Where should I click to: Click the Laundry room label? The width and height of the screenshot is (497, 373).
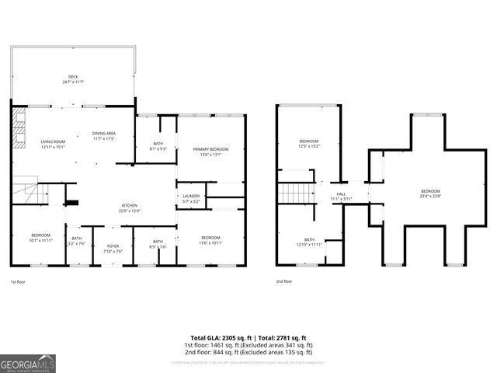(192, 198)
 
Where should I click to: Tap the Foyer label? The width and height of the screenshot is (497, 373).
(114, 248)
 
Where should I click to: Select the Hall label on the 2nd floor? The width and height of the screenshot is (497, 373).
(340, 196)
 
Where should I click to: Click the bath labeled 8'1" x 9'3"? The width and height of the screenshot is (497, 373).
(158, 145)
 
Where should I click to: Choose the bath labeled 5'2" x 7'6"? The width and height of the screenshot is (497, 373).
(76, 241)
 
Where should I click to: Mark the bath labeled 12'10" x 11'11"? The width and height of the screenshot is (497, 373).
(309, 242)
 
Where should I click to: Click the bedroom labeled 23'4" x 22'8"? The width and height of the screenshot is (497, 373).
(430, 193)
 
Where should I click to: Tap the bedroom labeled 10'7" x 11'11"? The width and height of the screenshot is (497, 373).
(40, 237)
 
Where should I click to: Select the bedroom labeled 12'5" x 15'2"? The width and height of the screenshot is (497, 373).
(309, 143)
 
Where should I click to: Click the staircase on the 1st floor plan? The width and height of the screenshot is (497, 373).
(28, 190)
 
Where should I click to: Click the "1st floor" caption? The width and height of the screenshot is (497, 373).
(19, 281)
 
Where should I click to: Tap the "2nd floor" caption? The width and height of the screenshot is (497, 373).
(284, 281)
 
